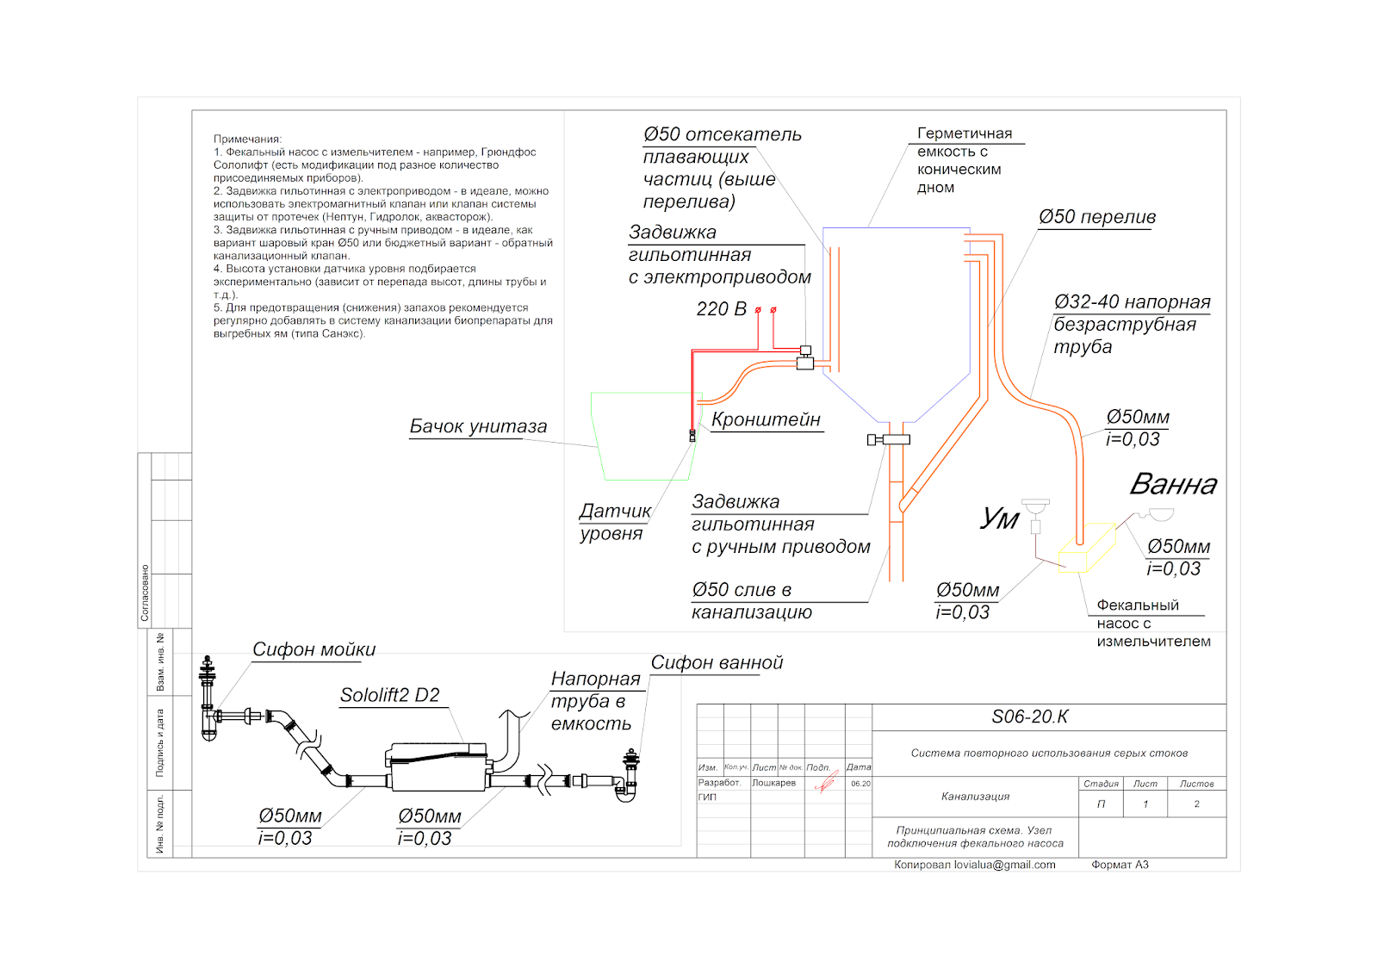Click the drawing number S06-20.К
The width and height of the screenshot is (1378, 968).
point(1029,717)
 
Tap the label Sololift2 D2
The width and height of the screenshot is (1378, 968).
point(389,695)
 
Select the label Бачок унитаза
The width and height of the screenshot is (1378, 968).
point(478,426)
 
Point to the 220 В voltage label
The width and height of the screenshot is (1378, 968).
point(721,309)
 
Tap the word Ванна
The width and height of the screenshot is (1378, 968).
point(1173,485)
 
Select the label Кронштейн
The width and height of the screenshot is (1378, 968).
point(766,419)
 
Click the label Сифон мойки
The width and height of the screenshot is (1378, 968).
point(313,649)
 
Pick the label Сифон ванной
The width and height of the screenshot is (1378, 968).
point(717,662)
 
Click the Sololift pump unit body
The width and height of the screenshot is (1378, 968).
point(437,767)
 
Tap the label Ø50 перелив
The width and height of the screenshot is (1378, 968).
point(1096,217)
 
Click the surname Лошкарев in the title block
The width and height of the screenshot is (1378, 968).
point(773,783)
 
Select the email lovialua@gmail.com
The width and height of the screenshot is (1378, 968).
point(1004,865)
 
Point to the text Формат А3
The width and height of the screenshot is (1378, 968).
point(1120,865)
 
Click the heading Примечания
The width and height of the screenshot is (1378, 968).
point(247,139)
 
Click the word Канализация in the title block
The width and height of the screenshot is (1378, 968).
point(975,797)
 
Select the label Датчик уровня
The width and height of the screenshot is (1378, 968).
point(614,522)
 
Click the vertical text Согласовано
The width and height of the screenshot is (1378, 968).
point(145,593)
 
